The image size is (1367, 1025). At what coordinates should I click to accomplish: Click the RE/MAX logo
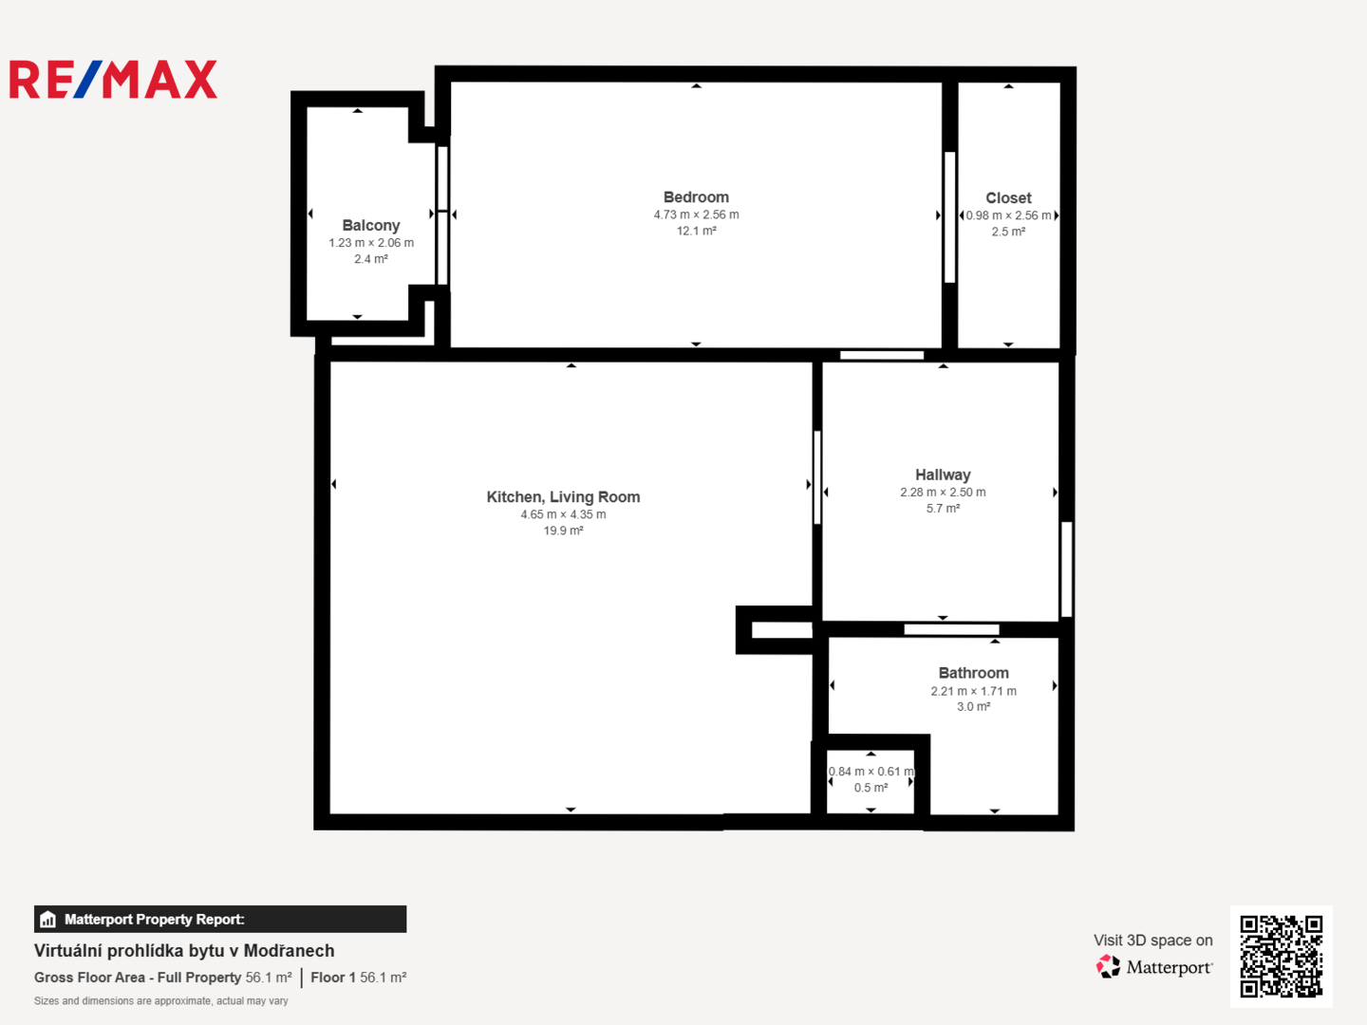pos(113,79)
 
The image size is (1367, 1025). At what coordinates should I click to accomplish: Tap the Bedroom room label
pos(696,197)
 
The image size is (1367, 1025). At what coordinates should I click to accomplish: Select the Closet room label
pos(1008,198)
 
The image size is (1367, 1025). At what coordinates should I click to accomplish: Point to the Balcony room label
pos(370,225)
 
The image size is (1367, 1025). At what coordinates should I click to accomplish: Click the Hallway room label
pos(943,475)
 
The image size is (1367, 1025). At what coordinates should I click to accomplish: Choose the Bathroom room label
pos(973,673)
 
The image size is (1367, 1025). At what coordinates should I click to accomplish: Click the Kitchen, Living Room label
pos(563,496)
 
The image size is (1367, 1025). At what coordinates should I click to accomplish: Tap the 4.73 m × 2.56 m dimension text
pos(696,214)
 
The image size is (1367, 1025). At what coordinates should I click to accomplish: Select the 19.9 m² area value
pos(563,531)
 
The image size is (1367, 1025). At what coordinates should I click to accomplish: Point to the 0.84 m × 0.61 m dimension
pos(871,772)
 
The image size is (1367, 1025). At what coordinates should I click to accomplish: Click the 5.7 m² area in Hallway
pos(943,509)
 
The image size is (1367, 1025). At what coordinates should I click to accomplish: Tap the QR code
pos(1281,957)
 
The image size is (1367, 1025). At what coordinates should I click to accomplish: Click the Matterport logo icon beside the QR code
pos(1108,966)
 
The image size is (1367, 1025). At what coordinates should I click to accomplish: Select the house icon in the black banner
pos(48,920)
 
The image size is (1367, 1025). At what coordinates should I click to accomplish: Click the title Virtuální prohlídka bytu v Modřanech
pos(184,951)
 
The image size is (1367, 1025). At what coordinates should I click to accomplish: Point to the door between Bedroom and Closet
pos(949,217)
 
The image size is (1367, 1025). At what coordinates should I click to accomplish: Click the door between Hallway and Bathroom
pos(951,629)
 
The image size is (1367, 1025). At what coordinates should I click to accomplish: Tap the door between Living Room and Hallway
pos(817,477)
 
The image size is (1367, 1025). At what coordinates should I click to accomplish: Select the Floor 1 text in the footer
pos(333,978)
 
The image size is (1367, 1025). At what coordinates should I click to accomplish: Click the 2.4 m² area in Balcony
pos(371,259)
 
